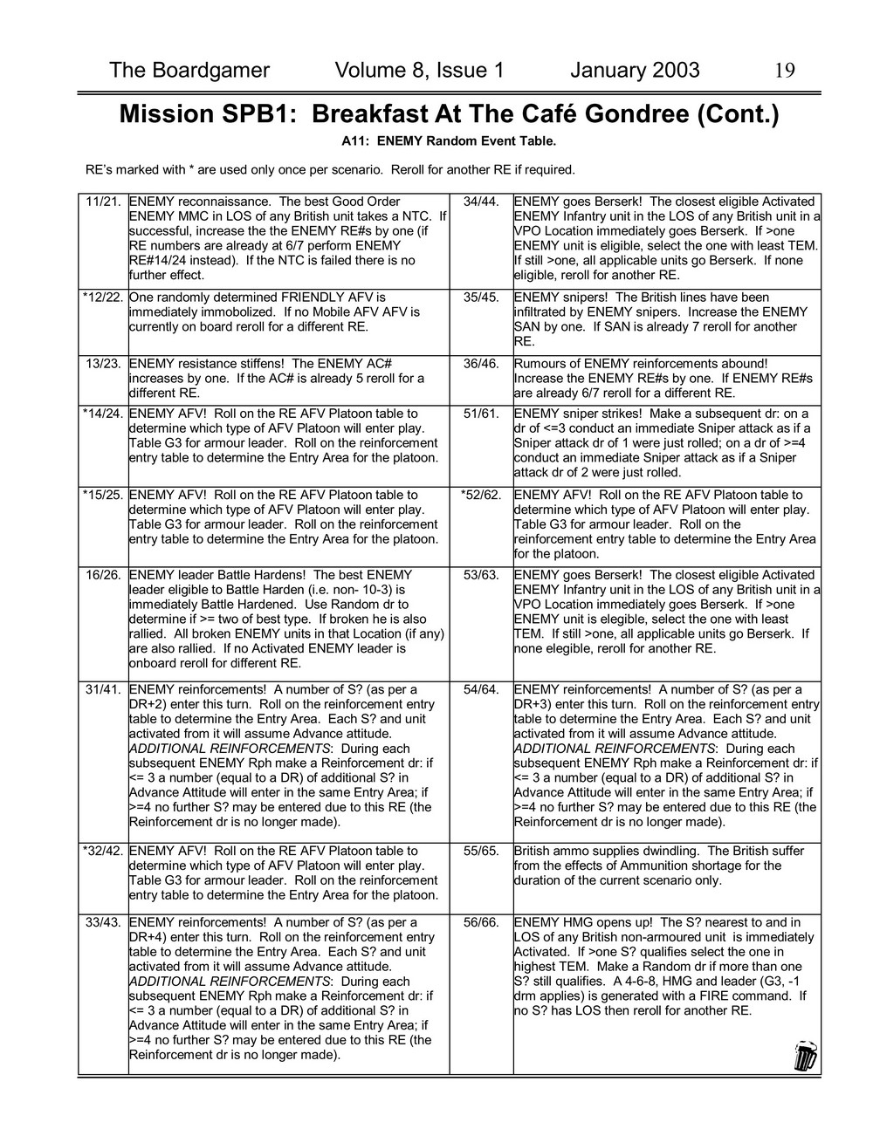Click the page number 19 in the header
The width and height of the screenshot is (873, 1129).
[x=784, y=71]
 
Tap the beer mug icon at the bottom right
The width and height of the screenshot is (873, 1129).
[x=805, y=1055]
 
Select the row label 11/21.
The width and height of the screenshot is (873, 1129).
[x=104, y=202]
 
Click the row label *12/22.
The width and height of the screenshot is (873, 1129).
[x=102, y=298]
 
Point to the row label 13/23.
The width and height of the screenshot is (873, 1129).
[x=104, y=364]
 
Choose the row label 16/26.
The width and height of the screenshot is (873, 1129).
[x=104, y=575]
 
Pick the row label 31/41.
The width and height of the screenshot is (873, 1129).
[x=104, y=690]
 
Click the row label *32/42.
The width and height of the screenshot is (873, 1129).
[x=102, y=851]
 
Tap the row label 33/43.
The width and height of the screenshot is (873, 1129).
[x=104, y=922]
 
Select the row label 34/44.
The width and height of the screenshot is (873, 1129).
[x=482, y=202]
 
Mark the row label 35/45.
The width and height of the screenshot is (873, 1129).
[x=482, y=298]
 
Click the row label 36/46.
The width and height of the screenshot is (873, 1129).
[x=482, y=364]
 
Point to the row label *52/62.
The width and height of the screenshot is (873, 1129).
[x=480, y=495]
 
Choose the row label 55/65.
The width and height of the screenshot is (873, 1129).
[x=482, y=851]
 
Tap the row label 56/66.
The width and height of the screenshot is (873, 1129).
[x=482, y=922]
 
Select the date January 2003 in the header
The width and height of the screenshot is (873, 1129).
[x=635, y=71]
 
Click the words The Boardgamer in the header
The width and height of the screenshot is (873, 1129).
[x=189, y=71]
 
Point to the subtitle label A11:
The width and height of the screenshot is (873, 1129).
[x=356, y=140]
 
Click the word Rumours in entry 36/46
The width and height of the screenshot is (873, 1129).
[x=540, y=364]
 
